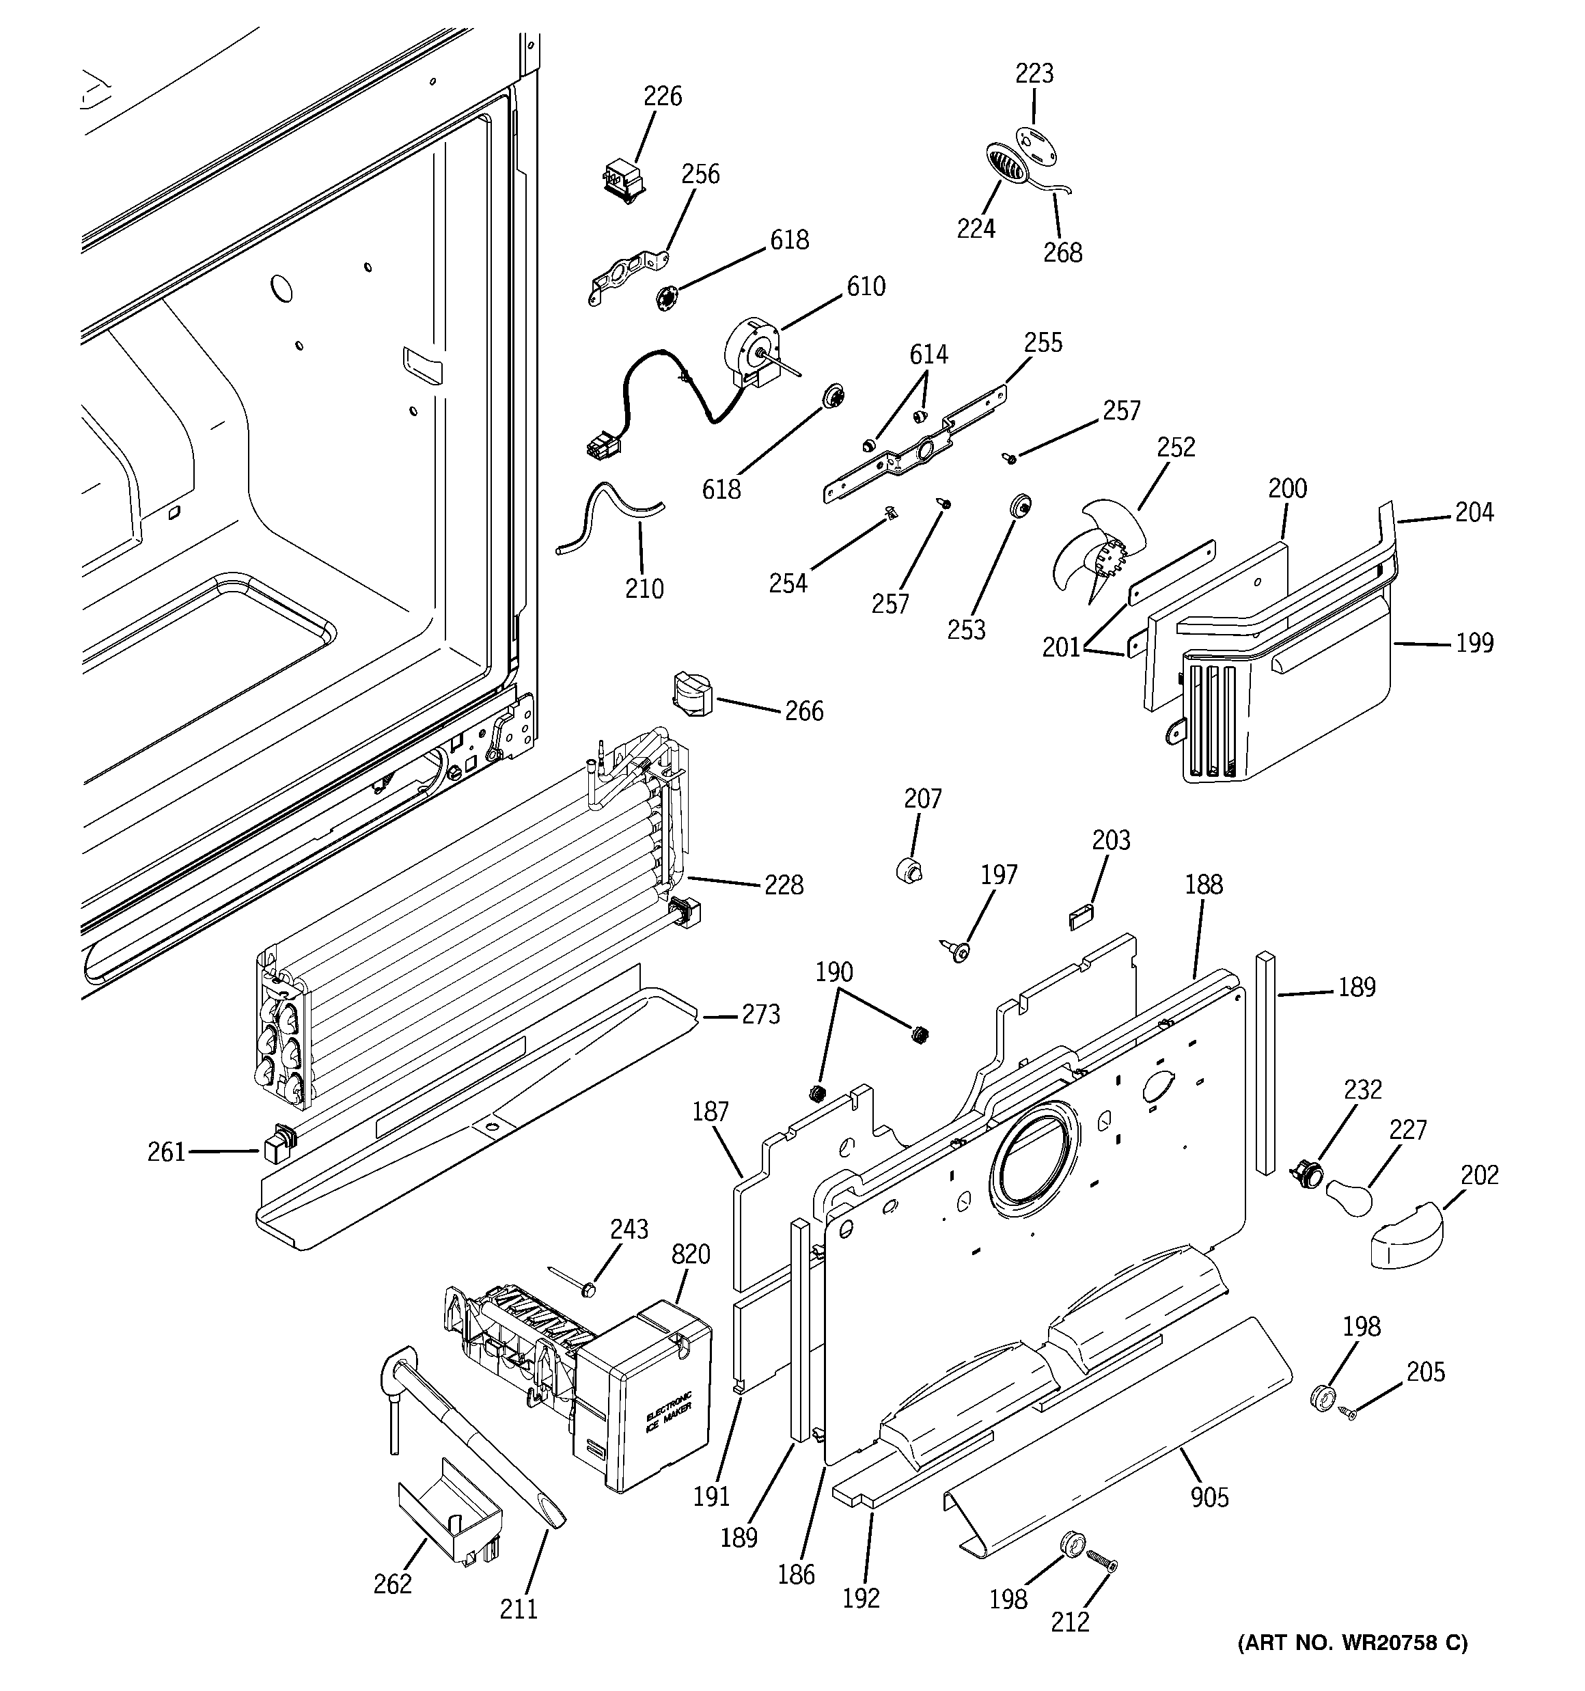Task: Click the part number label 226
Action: tap(662, 96)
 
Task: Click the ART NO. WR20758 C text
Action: tap(1352, 1666)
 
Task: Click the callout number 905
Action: tap(1209, 1497)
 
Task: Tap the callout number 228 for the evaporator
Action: tap(783, 885)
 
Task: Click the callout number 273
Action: tap(760, 1014)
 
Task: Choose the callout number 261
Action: tap(166, 1152)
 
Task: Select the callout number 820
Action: tap(690, 1254)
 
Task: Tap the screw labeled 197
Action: tap(959, 951)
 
